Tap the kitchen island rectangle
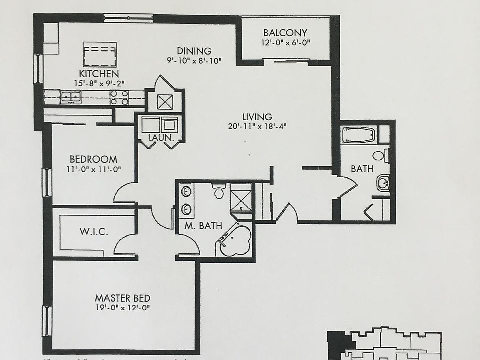click(x=100, y=54)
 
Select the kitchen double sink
click(x=71, y=97)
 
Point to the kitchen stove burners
click(x=120, y=97)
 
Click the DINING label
click(x=194, y=51)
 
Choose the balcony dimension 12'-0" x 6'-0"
click(x=285, y=43)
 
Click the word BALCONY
click(x=285, y=33)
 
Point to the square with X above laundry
click(x=165, y=102)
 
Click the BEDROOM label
click(x=93, y=159)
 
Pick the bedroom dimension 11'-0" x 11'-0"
click(x=93, y=169)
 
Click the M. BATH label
click(x=203, y=226)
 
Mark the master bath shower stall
click(x=241, y=197)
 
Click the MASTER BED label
click(x=122, y=298)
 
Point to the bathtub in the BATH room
click(x=358, y=135)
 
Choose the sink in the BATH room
click(x=383, y=183)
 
